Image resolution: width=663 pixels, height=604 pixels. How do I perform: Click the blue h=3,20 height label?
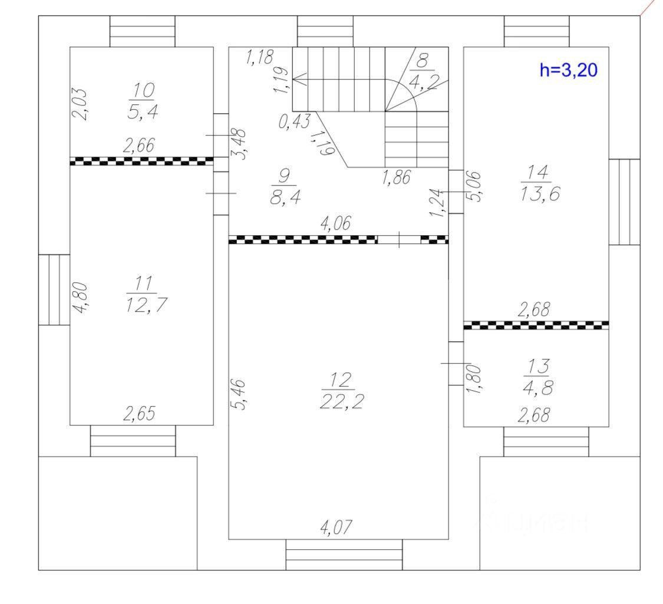click(568, 70)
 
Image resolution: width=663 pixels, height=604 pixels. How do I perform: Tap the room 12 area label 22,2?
click(342, 401)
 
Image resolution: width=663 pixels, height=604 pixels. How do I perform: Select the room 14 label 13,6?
click(540, 194)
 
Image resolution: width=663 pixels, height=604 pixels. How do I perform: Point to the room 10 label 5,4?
click(143, 112)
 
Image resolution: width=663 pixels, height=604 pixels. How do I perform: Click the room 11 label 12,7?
click(146, 304)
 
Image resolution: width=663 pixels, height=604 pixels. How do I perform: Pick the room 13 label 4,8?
click(537, 388)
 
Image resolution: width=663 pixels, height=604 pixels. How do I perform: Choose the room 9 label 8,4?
click(285, 197)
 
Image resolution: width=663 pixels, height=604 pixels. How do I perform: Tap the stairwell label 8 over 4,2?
click(423, 72)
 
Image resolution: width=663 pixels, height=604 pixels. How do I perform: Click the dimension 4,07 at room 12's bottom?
click(336, 527)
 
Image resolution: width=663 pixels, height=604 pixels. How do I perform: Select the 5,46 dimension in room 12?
click(238, 394)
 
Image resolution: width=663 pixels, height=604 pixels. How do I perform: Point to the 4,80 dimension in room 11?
click(81, 298)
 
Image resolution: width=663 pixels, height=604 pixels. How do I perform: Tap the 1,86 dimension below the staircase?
click(396, 177)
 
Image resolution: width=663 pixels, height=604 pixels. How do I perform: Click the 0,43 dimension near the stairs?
click(294, 122)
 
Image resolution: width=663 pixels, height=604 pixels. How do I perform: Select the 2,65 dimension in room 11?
click(140, 414)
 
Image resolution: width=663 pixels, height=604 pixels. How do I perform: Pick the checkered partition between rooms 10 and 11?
click(141, 161)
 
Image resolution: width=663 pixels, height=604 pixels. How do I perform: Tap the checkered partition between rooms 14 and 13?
click(536, 325)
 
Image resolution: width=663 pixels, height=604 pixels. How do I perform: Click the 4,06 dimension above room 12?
click(335, 223)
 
